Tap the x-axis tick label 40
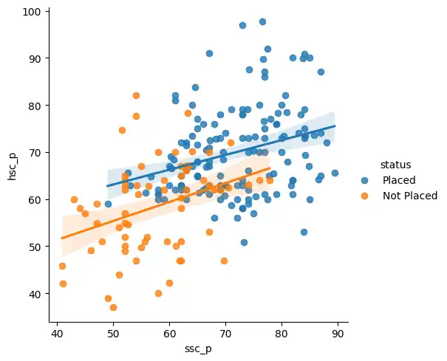[57, 332]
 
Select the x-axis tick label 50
[113, 332]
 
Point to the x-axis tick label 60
[169, 332]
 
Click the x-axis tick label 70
[225, 332]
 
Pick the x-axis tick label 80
[281, 332]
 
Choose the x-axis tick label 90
[338, 332]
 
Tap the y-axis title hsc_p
[13, 168]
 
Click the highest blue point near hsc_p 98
[262, 21]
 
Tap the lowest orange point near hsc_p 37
[113, 307]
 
